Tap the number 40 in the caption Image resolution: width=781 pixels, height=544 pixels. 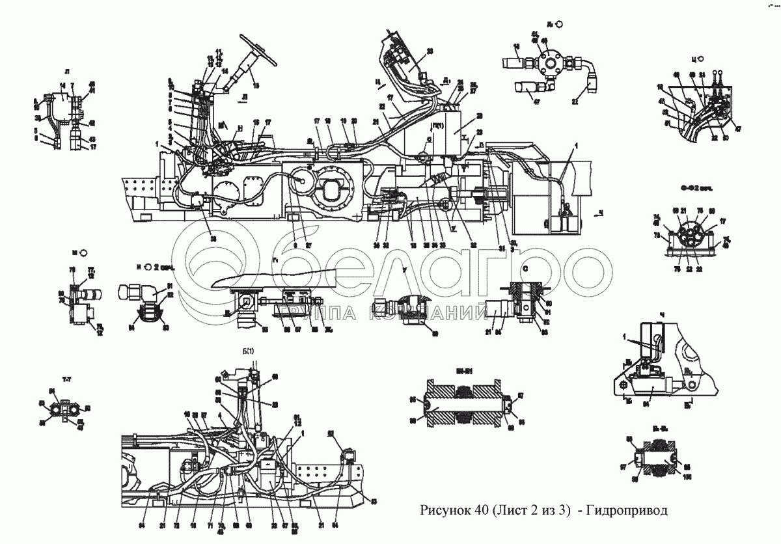click(485, 510)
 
